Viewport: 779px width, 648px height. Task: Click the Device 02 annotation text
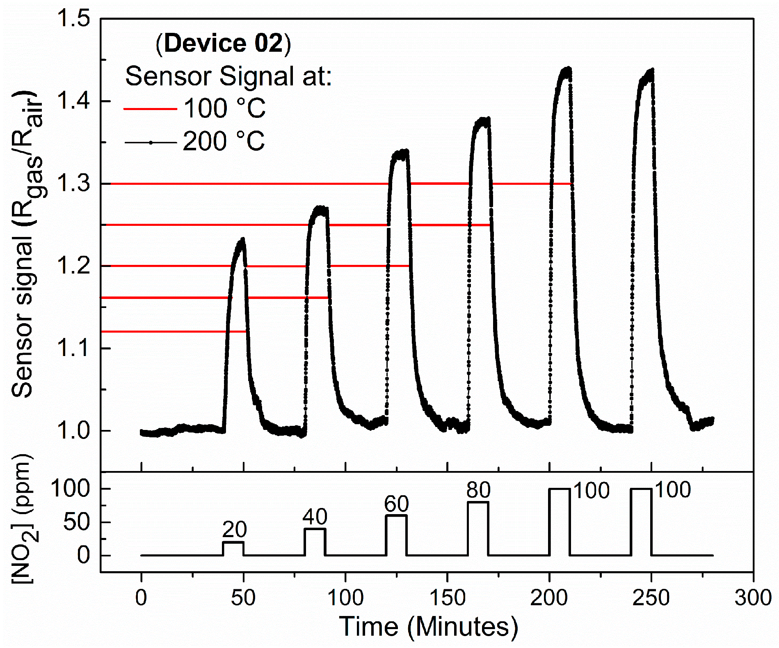(223, 44)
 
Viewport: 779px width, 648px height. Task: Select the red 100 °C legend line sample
(150, 109)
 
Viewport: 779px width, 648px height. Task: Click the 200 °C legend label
(224, 142)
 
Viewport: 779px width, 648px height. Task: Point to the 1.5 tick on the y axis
(74, 19)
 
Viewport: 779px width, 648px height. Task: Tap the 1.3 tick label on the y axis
(74, 184)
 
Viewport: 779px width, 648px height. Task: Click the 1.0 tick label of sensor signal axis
(74, 431)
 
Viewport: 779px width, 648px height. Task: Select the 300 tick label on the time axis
(753, 597)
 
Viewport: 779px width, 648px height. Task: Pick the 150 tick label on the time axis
(447, 597)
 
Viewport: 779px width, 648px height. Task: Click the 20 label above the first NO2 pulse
(234, 529)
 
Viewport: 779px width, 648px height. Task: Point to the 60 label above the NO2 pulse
(396, 503)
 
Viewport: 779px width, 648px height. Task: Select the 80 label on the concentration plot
(478, 490)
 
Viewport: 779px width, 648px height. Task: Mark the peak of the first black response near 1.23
(243, 239)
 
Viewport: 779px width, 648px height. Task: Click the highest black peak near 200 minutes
(568, 69)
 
